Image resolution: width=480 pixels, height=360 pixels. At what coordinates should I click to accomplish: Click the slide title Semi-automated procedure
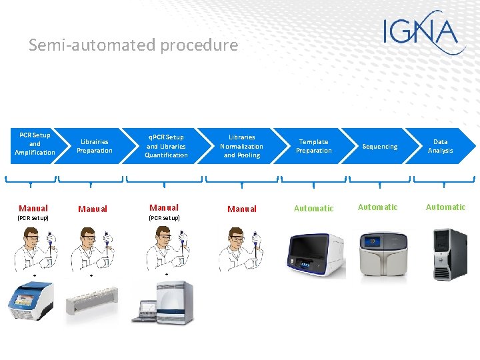[133, 45]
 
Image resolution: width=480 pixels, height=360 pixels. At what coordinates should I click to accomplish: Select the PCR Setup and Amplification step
[35, 144]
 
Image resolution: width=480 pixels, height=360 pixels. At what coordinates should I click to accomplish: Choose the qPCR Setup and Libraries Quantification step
[167, 146]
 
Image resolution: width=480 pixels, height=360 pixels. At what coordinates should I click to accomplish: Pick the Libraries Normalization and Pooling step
[241, 146]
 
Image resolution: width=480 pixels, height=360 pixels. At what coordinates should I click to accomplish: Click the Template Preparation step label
[313, 146]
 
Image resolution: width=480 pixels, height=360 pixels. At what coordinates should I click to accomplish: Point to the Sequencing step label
[379, 147]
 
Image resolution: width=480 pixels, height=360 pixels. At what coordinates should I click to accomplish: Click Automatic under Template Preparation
[313, 209]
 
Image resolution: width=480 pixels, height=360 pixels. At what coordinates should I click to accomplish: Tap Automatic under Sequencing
[377, 207]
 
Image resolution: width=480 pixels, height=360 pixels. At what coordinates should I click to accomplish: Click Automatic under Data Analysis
[445, 207]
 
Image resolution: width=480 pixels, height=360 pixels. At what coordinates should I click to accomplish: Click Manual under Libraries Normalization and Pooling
[241, 209]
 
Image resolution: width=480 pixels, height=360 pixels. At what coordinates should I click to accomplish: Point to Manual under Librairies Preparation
[93, 209]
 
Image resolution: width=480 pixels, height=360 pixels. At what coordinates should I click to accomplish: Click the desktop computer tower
[451, 255]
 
